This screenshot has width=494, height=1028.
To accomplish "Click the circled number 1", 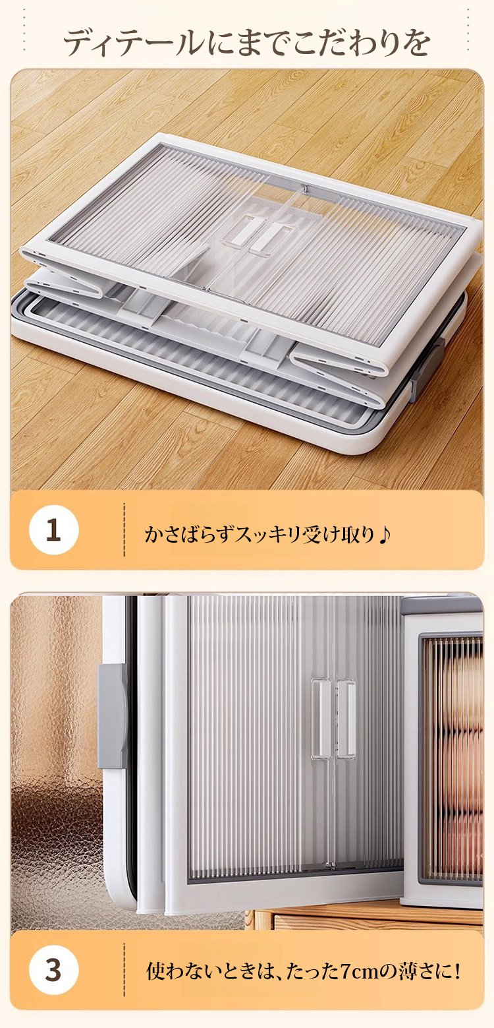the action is point(53,531).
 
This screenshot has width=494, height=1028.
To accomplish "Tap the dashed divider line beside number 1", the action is point(124,531).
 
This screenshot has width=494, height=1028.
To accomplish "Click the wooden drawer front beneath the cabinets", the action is point(367,913).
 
